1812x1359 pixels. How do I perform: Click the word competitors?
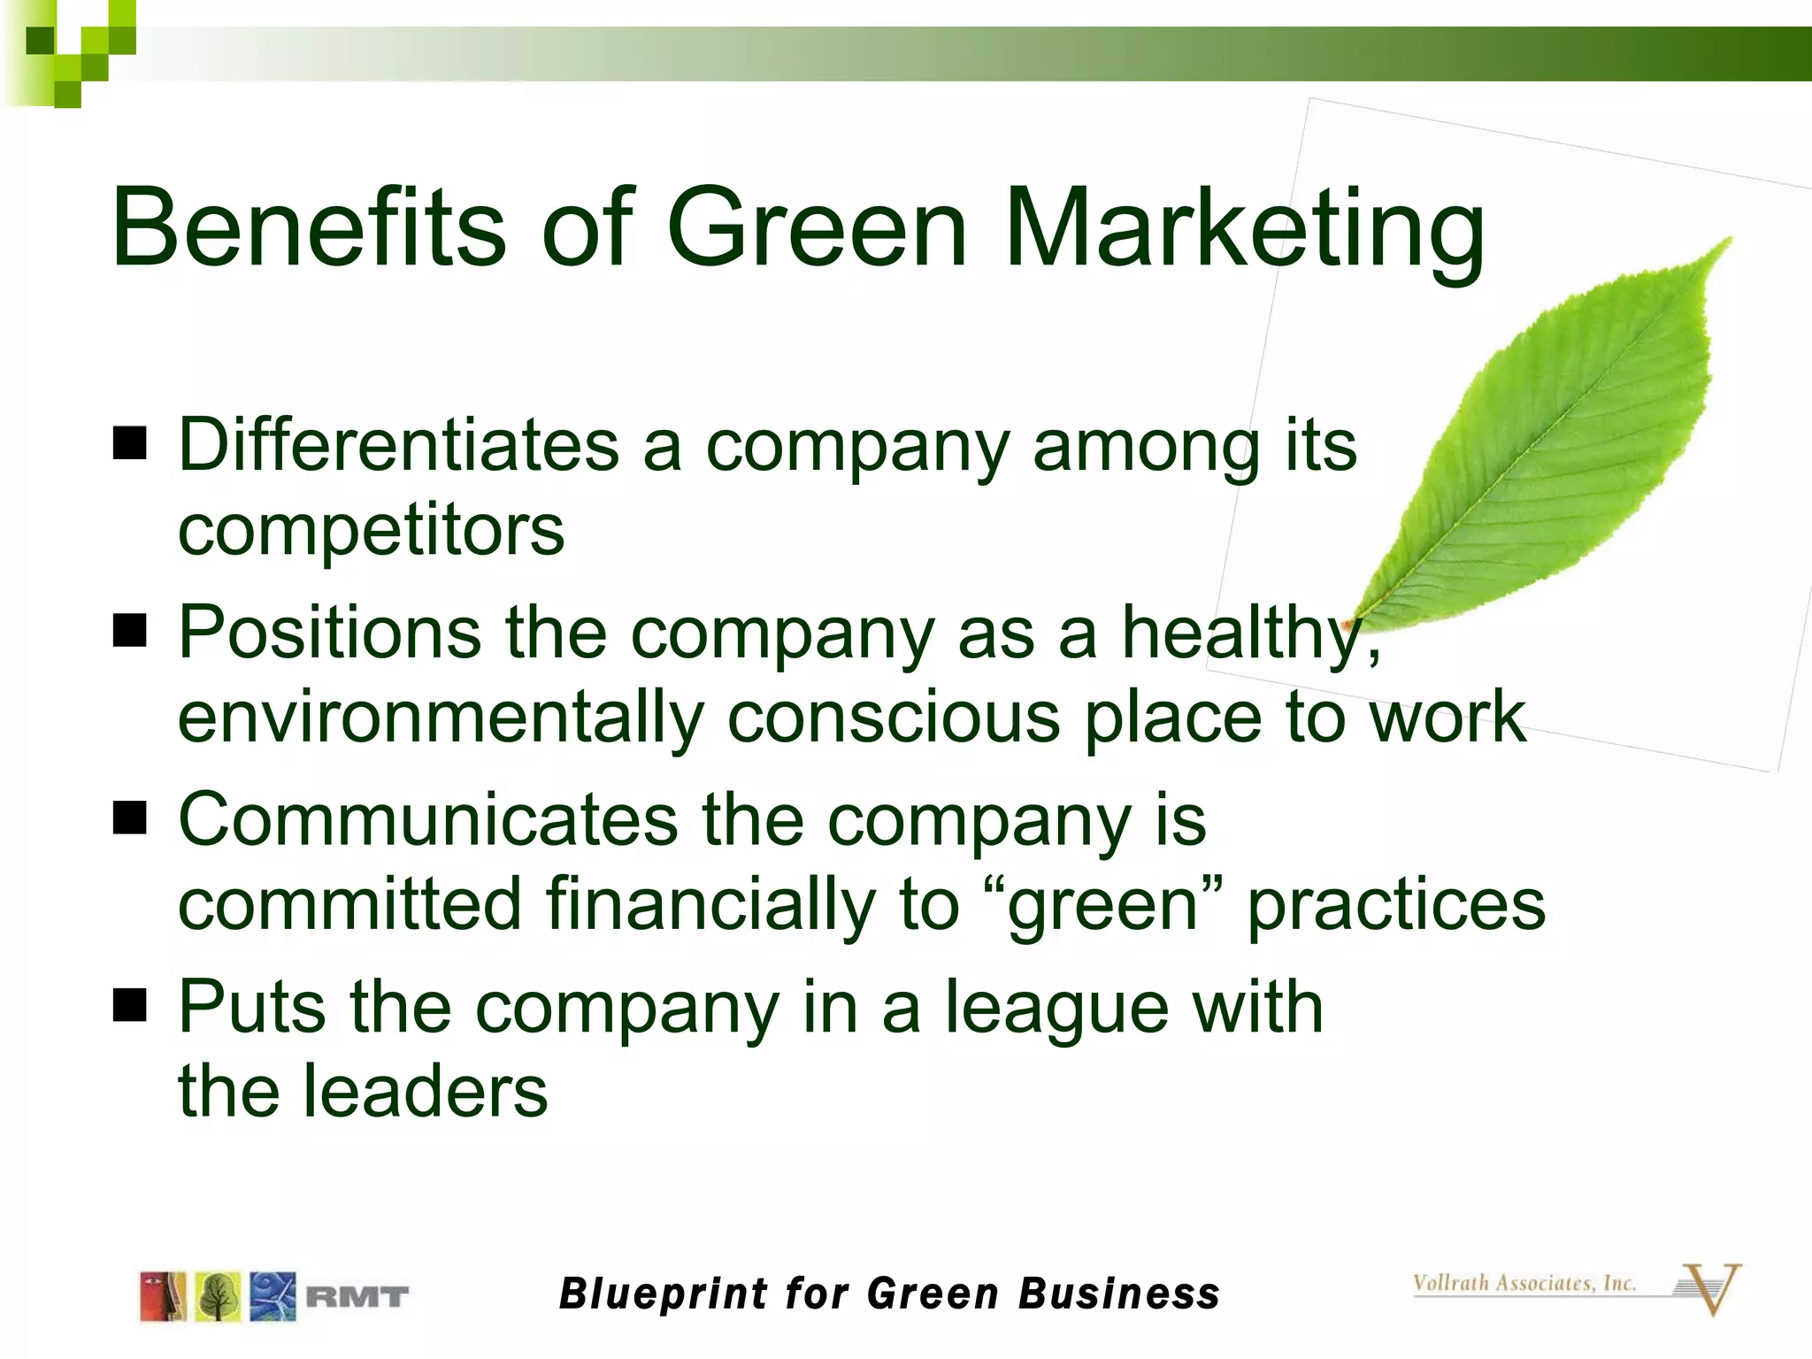click(x=371, y=531)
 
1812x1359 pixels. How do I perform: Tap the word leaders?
click(x=425, y=1091)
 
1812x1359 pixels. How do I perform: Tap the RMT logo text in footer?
click(x=357, y=1297)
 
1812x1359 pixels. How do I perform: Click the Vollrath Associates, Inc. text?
click(x=1524, y=1283)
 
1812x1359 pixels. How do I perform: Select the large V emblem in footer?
click(x=1712, y=1289)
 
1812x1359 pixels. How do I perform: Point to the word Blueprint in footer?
click(x=664, y=1294)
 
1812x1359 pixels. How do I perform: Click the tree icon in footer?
click(x=218, y=1297)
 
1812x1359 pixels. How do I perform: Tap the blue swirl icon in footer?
click(x=272, y=1297)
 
